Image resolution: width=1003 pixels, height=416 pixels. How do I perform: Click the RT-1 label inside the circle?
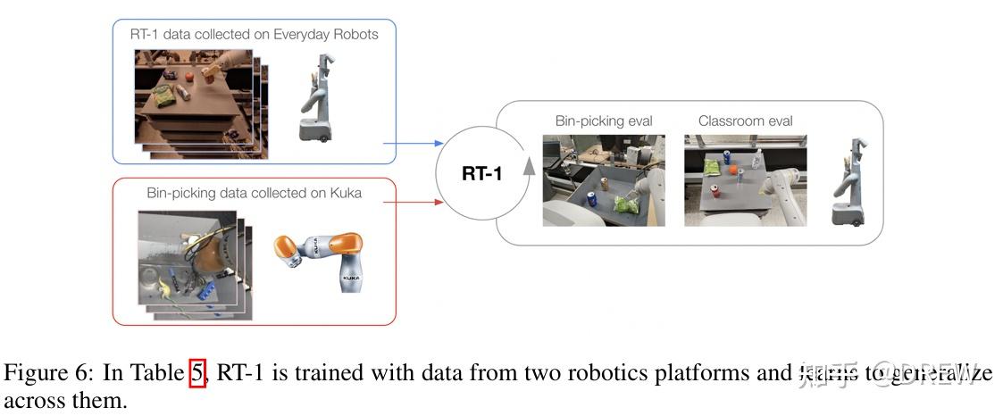(x=481, y=173)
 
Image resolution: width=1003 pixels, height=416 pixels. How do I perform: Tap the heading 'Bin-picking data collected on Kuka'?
(x=254, y=192)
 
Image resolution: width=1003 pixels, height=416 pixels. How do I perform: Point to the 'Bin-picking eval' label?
(x=604, y=121)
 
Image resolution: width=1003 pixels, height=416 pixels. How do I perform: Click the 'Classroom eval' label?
(x=745, y=121)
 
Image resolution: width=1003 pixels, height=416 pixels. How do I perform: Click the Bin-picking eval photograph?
(x=604, y=180)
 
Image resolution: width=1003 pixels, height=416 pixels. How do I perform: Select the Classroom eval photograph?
(x=745, y=179)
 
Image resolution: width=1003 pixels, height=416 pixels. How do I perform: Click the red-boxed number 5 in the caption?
(x=197, y=373)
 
